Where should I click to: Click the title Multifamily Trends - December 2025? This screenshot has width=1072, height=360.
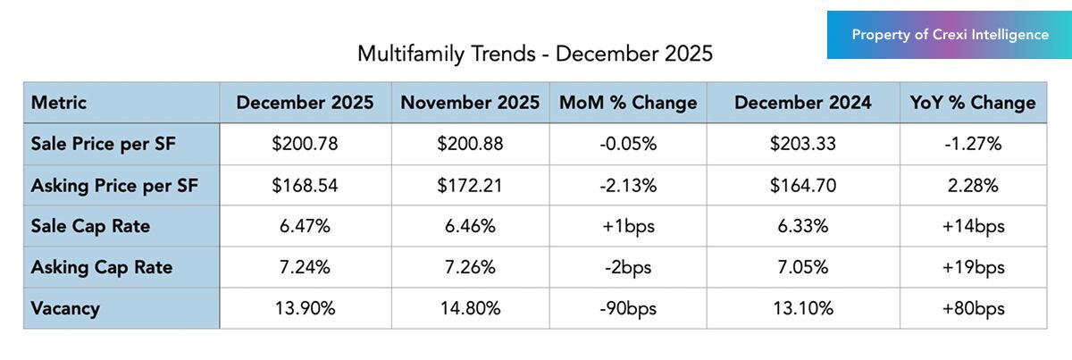535,54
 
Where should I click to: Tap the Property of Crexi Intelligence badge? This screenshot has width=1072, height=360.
950,35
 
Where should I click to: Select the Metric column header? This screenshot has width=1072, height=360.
59,103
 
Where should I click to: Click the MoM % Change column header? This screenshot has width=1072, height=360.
627,103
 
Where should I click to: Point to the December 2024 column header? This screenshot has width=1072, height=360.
802,103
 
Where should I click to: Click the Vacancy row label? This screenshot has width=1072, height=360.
65,309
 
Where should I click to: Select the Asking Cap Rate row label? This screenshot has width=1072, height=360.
102,267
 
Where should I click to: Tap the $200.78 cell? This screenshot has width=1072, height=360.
305,144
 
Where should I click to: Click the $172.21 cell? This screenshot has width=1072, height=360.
470,186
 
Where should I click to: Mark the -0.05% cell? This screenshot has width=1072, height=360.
627,144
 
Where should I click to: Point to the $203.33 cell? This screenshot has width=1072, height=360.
802,144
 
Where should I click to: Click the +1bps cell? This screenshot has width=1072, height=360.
627,227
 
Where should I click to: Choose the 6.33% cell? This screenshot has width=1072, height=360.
802,227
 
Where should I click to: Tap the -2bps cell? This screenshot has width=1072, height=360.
627,267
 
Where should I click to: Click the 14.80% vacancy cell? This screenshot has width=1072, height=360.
470,309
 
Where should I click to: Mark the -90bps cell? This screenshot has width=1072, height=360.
627,309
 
